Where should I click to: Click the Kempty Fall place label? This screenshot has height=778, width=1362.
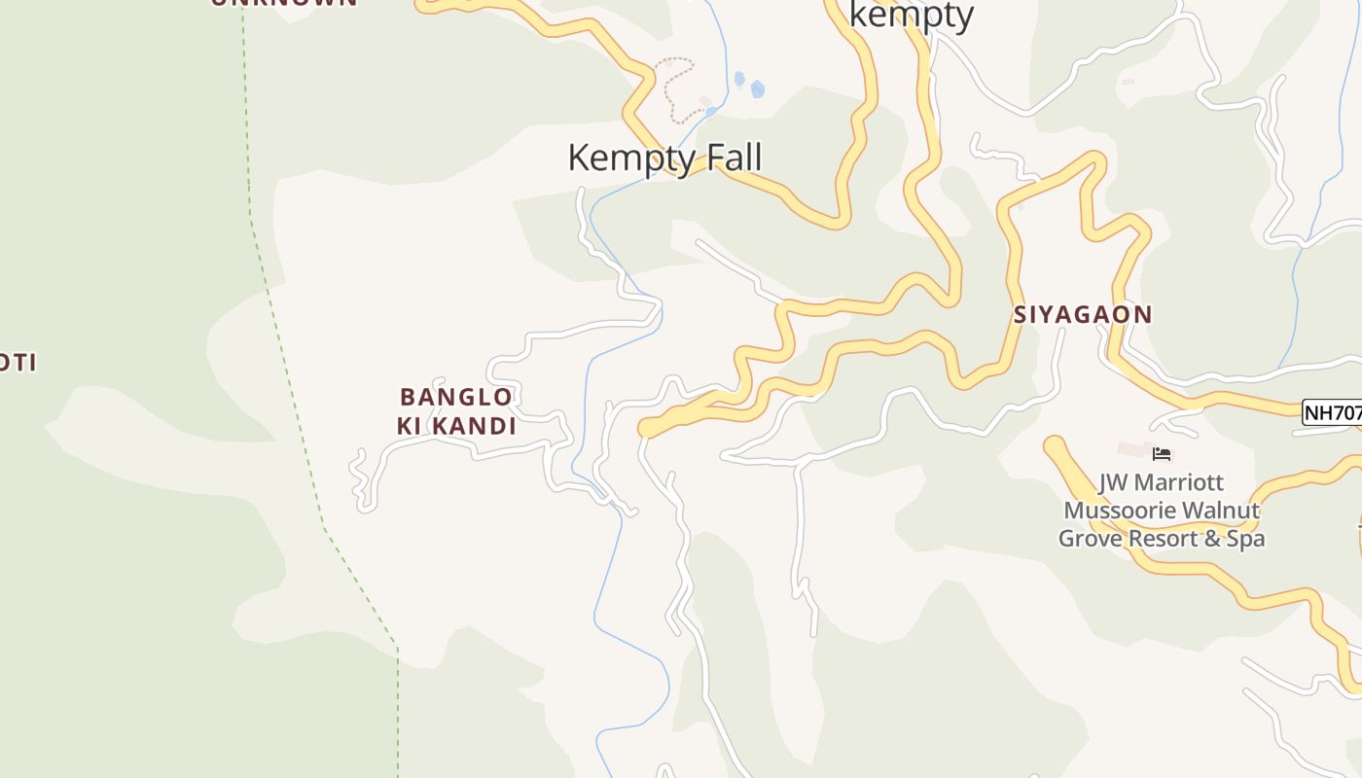(664, 158)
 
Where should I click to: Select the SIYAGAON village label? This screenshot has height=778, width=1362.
(1083, 315)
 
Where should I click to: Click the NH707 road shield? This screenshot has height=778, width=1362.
(1332, 412)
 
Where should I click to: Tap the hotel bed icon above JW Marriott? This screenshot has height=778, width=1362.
(1162, 454)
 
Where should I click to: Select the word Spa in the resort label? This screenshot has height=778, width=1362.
(1245, 538)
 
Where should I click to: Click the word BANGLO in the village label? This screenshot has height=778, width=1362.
(456, 397)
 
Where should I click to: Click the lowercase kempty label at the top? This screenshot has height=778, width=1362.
(912, 15)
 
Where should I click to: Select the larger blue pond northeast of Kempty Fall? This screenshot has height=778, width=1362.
(757, 89)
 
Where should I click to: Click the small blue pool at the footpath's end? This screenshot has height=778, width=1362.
(711, 112)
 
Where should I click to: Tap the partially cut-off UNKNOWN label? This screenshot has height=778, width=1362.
(284, 3)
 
